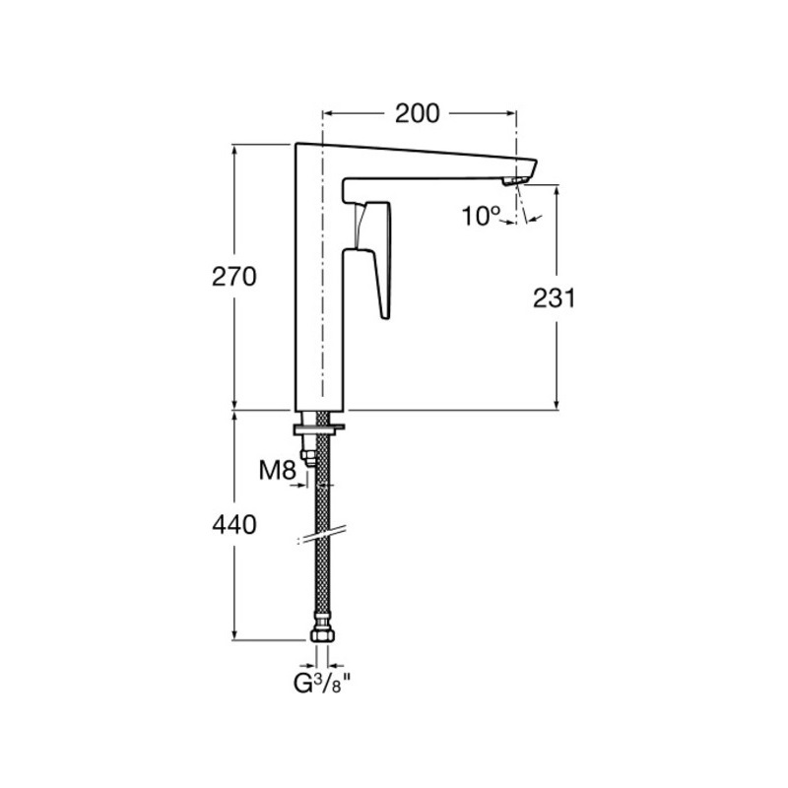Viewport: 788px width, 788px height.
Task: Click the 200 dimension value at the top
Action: [x=417, y=113]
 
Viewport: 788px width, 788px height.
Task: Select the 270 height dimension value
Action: [x=234, y=277]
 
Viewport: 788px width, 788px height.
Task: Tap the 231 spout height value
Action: [x=554, y=298]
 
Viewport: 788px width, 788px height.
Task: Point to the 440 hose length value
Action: [x=234, y=525]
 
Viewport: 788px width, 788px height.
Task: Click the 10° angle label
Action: [x=481, y=216]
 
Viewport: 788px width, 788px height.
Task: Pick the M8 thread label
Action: [x=277, y=471]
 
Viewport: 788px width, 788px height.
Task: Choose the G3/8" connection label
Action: [x=322, y=684]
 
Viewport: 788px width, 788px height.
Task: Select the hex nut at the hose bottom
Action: [x=322, y=634]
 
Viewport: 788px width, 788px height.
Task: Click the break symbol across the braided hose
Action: [x=322, y=535]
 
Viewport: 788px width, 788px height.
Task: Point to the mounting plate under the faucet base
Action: [x=320, y=428]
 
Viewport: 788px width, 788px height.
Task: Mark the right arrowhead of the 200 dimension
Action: [x=511, y=113]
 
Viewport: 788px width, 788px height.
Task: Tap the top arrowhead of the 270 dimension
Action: [x=234, y=150]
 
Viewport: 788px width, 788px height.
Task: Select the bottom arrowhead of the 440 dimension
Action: [x=234, y=634]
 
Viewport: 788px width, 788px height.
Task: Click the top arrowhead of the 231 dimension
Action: [x=557, y=190]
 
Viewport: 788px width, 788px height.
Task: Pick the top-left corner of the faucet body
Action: [x=296, y=144]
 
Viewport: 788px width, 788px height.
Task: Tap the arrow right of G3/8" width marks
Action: [x=336, y=665]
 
